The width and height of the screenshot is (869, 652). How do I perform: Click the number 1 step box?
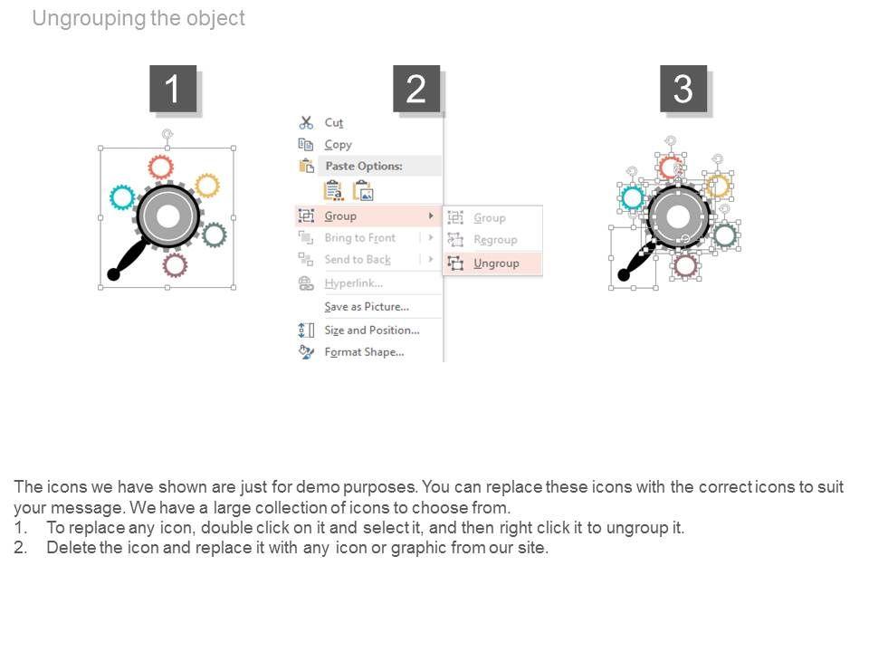(x=173, y=89)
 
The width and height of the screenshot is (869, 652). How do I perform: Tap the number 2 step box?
(x=416, y=89)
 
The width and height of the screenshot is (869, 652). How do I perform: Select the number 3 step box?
(x=683, y=89)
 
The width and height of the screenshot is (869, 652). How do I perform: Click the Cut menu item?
(x=334, y=122)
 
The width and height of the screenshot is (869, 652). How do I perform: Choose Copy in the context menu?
(x=338, y=145)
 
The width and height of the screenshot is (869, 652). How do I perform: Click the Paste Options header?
(x=364, y=166)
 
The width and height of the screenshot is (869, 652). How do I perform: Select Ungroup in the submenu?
(x=496, y=264)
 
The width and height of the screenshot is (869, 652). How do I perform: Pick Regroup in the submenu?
(x=495, y=239)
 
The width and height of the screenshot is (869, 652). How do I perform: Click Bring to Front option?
(x=360, y=238)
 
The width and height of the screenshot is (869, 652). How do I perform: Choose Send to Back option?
(x=358, y=260)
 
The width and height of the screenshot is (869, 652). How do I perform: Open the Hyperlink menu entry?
(x=354, y=283)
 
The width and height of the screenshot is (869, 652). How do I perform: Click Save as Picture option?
(x=367, y=307)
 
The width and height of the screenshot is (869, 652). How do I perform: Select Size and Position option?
(x=372, y=331)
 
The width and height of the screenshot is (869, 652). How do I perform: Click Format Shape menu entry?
(x=364, y=352)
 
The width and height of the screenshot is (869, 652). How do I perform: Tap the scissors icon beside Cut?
(x=306, y=122)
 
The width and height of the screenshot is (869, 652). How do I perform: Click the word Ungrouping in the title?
(x=90, y=18)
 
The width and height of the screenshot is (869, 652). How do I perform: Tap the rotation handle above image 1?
(x=167, y=134)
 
